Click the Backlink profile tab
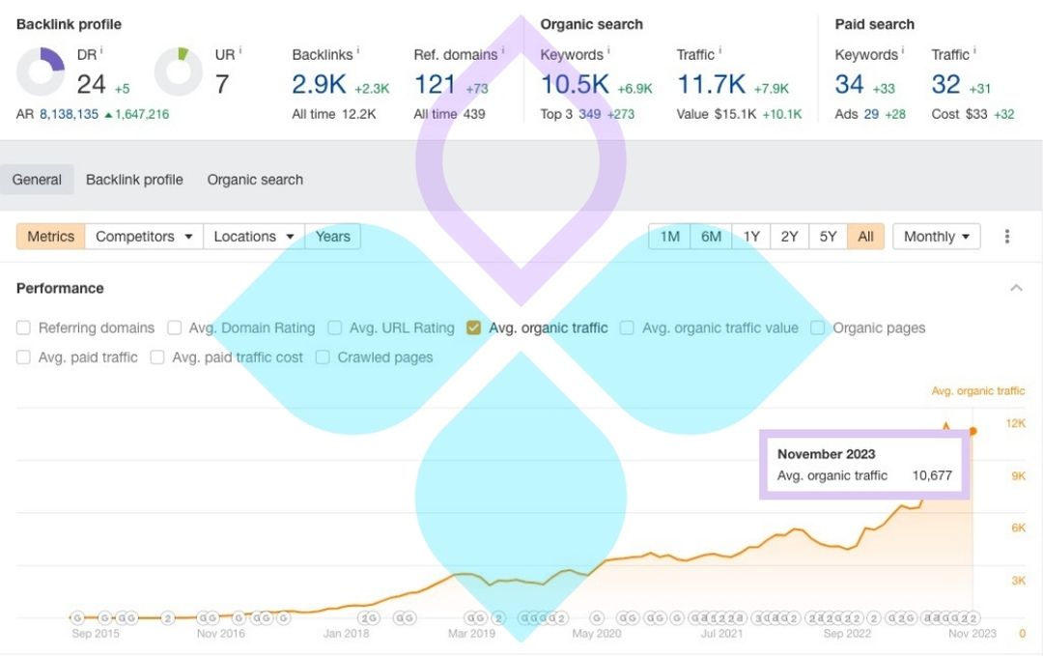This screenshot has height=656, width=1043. pos(134,180)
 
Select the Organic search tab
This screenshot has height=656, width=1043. pos(255,180)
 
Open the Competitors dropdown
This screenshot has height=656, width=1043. pos(144,237)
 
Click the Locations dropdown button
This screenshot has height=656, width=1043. pos(253,237)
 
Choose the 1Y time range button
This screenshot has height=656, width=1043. pos(751,237)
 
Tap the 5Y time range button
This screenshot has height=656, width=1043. pos(828,237)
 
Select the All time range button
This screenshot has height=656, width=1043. pos(865,237)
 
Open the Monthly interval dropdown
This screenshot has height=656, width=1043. pos(936,237)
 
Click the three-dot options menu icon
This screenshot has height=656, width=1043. pos(1007,237)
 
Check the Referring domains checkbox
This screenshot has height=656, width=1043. pos(23,328)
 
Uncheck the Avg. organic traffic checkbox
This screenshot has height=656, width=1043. pos(473,328)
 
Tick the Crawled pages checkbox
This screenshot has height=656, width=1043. pos(323,357)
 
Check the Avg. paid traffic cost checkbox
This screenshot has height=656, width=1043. pos(157,357)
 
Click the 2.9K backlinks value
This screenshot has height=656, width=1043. pos(319,85)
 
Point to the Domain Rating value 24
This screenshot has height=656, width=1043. pos(91,85)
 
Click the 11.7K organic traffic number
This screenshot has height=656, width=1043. pos(711,85)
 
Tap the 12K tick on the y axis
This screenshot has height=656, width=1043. pos(1016,423)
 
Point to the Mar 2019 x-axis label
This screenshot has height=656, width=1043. pos(471,634)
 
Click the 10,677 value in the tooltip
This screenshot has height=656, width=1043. pos(932,475)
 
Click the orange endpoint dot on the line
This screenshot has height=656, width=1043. pos(973,431)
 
